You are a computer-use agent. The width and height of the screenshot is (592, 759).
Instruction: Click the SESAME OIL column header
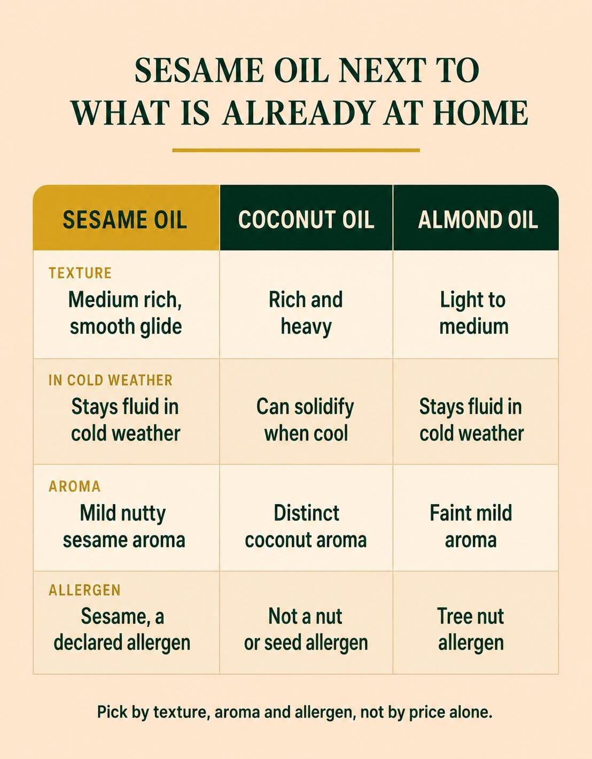pyautogui.click(x=125, y=220)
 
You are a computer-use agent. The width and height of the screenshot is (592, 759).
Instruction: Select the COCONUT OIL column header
pyautogui.click(x=306, y=220)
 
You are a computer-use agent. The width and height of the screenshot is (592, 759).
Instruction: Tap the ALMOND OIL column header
pyautogui.click(x=478, y=220)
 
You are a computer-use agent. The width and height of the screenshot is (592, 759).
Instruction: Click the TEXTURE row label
pyautogui.click(x=80, y=273)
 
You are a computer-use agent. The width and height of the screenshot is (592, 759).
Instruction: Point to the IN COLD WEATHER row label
pyautogui.click(x=111, y=381)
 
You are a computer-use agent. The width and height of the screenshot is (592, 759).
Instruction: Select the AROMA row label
pyautogui.click(x=75, y=486)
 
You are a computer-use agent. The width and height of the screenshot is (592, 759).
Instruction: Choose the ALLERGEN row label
pyautogui.click(x=85, y=590)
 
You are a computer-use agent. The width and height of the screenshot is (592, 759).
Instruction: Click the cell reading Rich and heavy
pyautogui.click(x=306, y=313)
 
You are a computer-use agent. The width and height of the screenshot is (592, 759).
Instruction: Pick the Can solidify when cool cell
pyautogui.click(x=306, y=420)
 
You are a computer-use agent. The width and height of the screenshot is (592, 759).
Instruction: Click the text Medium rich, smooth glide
pyautogui.click(x=126, y=313)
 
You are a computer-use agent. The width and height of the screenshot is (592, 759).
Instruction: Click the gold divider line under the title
pyautogui.click(x=296, y=151)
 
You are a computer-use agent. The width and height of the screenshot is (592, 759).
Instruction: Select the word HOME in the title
pyautogui.click(x=482, y=113)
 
